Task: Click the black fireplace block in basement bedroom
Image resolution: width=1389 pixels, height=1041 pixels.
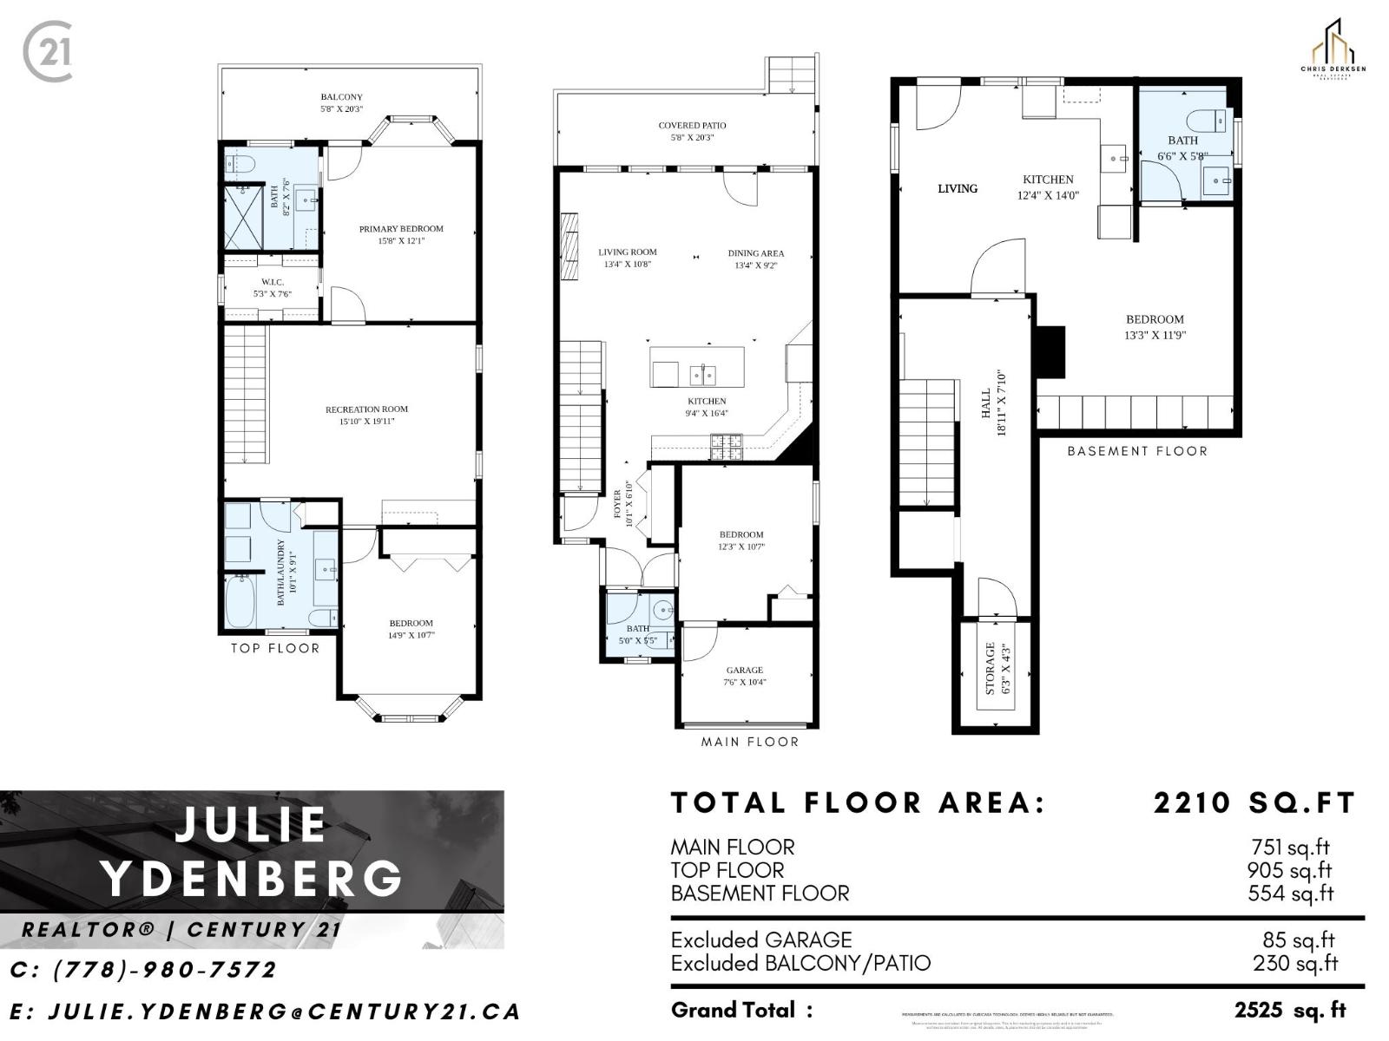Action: (x=1051, y=350)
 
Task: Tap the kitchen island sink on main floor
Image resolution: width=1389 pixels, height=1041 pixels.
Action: (x=701, y=375)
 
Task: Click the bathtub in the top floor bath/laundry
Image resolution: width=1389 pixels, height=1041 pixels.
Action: (x=239, y=601)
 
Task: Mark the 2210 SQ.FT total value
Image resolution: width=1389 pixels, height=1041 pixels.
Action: (x=1254, y=802)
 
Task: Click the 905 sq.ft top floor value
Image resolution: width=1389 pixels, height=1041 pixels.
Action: (x=1289, y=870)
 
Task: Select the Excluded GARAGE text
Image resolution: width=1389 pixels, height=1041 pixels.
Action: (x=760, y=940)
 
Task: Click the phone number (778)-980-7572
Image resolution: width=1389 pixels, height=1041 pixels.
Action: (x=144, y=969)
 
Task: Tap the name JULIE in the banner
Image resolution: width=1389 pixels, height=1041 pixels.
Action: (x=251, y=824)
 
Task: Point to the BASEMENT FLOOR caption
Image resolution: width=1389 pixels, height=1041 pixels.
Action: (x=1136, y=451)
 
